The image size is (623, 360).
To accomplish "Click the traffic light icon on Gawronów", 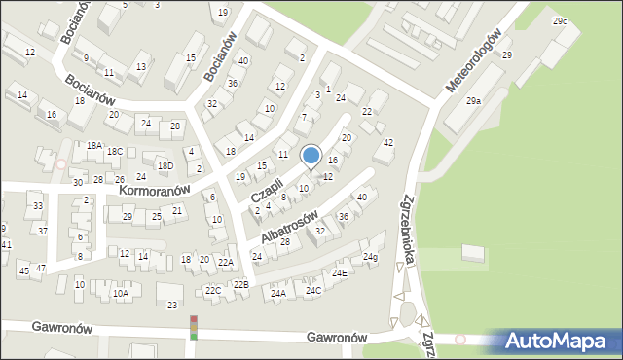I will tap(193, 327).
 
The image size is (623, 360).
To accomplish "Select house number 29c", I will tap(560, 20).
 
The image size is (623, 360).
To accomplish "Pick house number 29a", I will tap(473, 101).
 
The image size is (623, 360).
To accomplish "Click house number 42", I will tap(388, 143).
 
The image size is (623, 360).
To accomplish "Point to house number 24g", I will tap(370, 257).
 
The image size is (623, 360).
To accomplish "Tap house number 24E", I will tap(339, 273).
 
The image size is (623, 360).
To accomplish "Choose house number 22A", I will tap(225, 263).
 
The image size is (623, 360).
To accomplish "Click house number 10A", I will tap(120, 293).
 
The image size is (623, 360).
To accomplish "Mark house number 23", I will tap(172, 306).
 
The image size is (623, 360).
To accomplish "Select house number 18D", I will tap(165, 166).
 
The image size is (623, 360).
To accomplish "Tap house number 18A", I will tap(93, 145).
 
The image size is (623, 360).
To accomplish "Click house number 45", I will tap(23, 271).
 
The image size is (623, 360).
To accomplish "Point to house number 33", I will tap(37, 206).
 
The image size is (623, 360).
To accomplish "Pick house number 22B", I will tap(240, 284).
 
